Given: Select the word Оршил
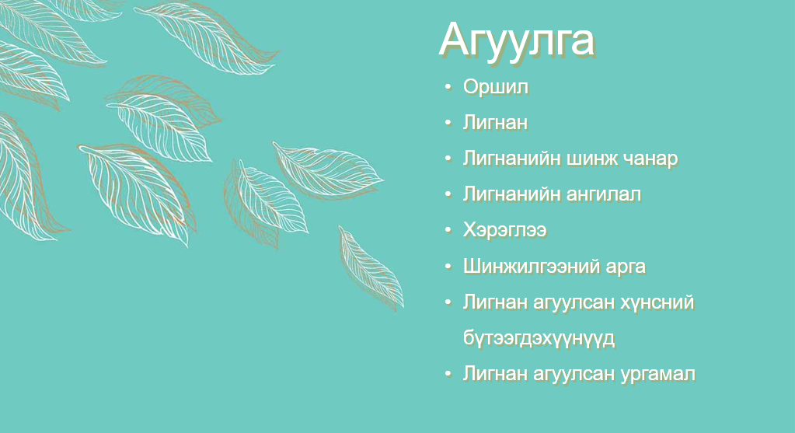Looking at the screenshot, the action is (495, 87).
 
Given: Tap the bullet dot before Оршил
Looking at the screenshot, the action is (448, 87).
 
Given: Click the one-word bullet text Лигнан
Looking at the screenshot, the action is (495, 123).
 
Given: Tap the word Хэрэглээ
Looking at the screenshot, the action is (504, 230).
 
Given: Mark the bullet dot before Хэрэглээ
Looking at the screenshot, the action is (448, 230).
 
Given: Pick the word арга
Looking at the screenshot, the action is (624, 267).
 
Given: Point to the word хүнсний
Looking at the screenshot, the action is (657, 302).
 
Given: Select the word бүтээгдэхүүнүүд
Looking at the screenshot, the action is (539, 338).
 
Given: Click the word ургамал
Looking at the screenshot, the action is (657, 375).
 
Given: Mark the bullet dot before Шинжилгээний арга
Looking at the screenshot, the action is (448, 266).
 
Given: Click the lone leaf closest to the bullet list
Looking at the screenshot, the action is (371, 267).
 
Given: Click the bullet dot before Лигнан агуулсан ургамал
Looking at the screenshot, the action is (448, 374).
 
